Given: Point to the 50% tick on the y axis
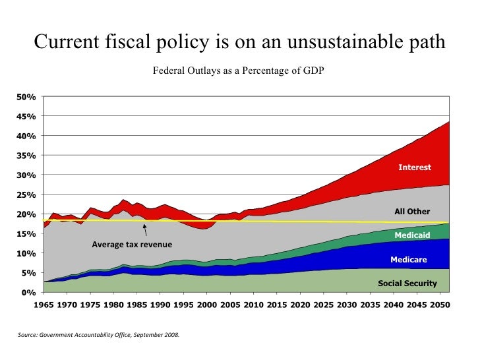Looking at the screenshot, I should (26, 97).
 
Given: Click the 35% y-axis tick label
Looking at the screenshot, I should (26, 156).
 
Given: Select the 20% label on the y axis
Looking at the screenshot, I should (26, 214).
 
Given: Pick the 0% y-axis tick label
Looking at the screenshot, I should (28, 292).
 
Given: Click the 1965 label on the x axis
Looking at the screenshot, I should (44, 306).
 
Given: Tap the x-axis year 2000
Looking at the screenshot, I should (206, 306).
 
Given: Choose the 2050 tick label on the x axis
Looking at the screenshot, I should (439, 306).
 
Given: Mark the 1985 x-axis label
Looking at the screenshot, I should (136, 306).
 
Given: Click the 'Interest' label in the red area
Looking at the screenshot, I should (414, 167).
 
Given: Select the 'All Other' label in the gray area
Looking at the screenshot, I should (411, 212).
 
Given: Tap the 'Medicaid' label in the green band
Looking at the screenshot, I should (412, 235).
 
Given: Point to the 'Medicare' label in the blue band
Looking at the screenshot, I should (408, 260).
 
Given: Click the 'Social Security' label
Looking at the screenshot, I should (407, 284).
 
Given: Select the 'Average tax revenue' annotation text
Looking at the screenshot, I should (132, 245).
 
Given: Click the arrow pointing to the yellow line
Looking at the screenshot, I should (144, 229).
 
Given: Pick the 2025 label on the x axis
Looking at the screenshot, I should (323, 306).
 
